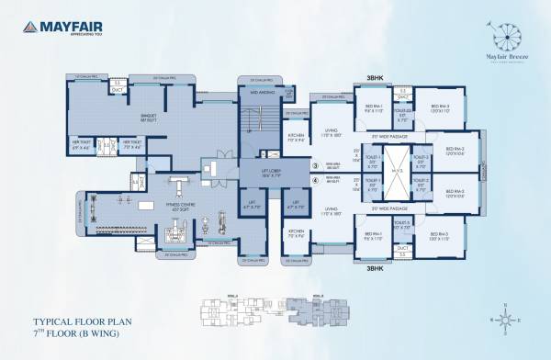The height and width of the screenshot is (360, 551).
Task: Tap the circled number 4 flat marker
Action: [x=315, y=182]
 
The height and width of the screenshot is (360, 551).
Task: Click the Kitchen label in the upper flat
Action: [x=297, y=138]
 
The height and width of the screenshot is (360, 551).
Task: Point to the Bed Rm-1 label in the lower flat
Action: [x=372, y=240]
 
